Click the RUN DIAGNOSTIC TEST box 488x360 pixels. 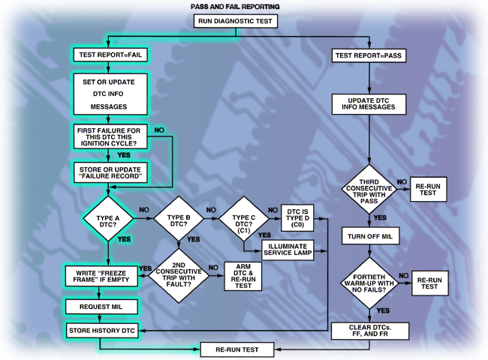click(236, 21)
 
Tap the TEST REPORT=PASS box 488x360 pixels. click(369, 55)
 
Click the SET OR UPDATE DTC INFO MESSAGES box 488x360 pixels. click(109, 93)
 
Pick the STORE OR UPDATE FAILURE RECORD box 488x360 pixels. click(110, 173)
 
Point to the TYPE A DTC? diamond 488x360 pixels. click(110, 218)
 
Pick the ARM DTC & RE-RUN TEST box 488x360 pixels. click(244, 276)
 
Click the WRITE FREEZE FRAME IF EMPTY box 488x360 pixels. click(103, 276)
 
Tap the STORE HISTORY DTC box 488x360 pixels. click(103, 330)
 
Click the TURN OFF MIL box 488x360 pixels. click(369, 235)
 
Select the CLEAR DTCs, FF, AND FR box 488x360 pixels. click(369, 330)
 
